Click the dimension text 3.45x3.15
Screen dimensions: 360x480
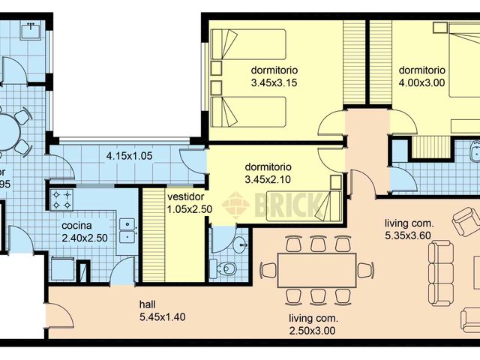(275, 83)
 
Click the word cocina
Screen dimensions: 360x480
(76, 225)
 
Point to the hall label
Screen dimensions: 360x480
(148, 304)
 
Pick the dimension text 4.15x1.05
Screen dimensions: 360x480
(128, 157)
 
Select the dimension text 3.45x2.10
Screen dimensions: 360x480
(268, 180)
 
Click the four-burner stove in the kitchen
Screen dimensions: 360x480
(61, 199)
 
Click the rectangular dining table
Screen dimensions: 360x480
(316, 270)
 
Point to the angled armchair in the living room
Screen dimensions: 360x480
(465, 220)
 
